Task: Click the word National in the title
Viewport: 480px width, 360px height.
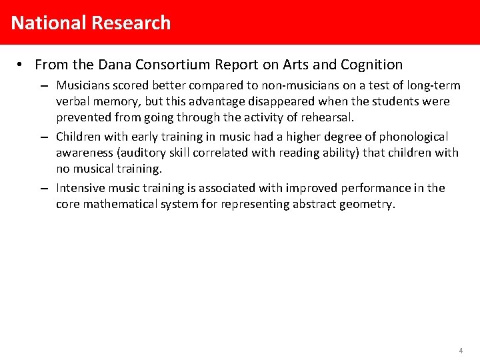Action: click(x=49, y=23)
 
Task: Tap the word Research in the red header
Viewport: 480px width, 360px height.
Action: click(x=131, y=23)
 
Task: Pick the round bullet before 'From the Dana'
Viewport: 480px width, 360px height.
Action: click(x=21, y=65)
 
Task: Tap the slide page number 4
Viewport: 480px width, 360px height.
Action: click(x=461, y=350)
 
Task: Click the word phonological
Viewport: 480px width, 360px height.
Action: click(x=414, y=136)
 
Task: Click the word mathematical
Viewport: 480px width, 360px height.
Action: click(x=122, y=204)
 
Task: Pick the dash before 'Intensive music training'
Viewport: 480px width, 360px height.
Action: click(x=43, y=189)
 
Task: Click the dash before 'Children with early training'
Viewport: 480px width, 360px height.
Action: click(x=43, y=137)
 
